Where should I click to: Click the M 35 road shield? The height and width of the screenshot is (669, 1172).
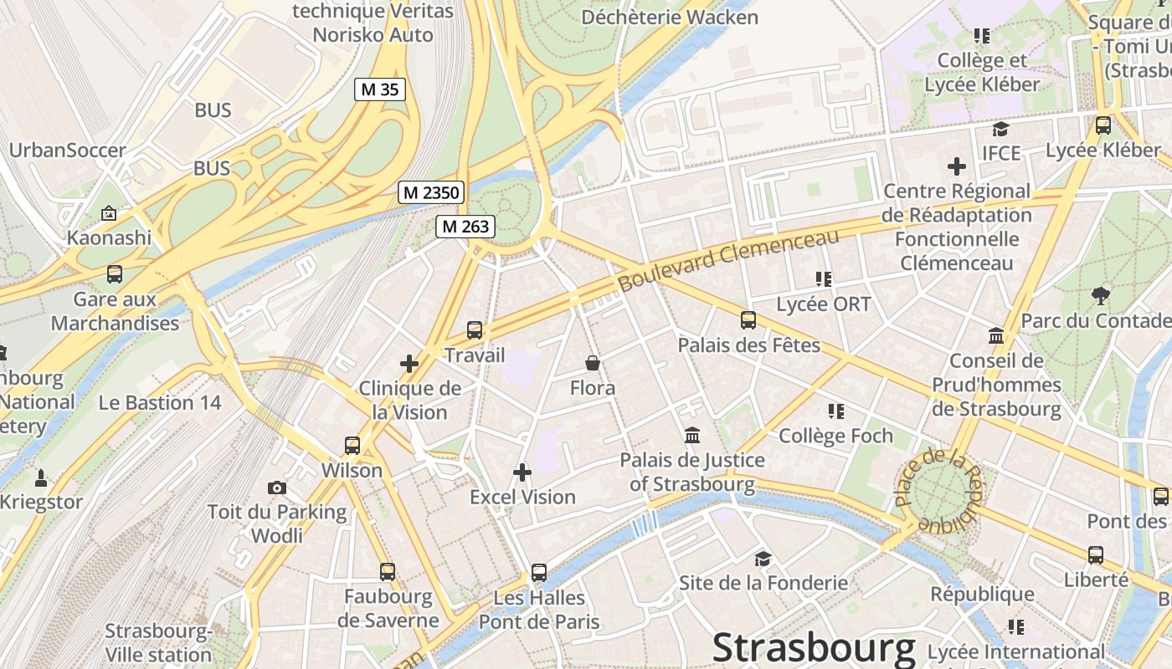coord(380,89)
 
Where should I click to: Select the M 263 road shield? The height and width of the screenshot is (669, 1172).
coord(465,226)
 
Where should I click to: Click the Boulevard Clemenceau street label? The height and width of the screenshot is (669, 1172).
coord(727,261)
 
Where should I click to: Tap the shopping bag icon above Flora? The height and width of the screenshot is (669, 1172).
coord(593,363)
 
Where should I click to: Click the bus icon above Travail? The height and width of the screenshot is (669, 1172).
coord(475,330)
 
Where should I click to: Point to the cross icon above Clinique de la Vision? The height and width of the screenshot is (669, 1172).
coord(409,364)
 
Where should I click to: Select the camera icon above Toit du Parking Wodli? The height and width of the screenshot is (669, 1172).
coord(277,488)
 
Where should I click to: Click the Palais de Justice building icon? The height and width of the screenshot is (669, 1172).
coord(692,436)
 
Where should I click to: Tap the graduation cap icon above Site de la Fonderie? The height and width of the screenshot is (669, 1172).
coord(763,559)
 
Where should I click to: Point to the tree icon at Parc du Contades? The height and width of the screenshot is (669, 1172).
coord(1101,295)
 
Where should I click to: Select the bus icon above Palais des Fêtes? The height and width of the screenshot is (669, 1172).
coord(748,320)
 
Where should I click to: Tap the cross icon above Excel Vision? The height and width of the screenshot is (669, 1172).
coord(522,472)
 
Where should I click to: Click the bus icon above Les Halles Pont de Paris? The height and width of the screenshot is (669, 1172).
coord(539,573)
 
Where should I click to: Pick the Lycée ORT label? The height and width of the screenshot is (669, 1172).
coord(824,304)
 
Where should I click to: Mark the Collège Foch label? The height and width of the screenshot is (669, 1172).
coord(835,436)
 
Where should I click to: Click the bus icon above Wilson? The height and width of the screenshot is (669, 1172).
coord(352,446)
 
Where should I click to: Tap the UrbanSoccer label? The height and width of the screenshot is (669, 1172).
coord(68,151)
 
